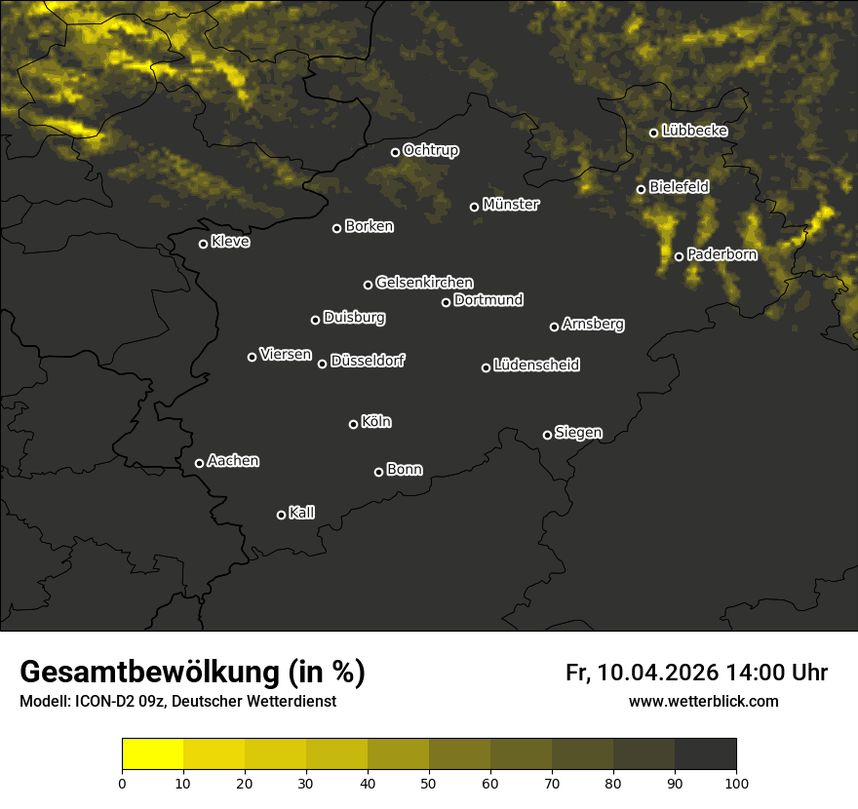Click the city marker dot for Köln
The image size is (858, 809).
tap(353, 424)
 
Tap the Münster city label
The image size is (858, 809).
tap(510, 205)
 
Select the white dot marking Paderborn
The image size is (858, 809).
tap(680, 256)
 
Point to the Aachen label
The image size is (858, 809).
tap(233, 461)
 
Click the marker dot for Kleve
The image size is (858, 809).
tap(204, 244)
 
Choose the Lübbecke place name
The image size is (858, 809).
tap(694, 131)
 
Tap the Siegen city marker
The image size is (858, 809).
tap(547, 435)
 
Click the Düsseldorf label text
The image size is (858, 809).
tap(368, 361)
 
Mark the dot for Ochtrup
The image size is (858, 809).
tap(395, 152)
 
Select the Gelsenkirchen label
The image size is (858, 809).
tap(424, 283)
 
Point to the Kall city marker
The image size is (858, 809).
tap(281, 515)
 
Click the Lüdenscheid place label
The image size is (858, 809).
tap(536, 366)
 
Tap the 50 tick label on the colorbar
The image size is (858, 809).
tap(429, 782)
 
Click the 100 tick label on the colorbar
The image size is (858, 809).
tap(736, 782)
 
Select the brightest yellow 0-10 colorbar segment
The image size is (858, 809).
tap(152, 754)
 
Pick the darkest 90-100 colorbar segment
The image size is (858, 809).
tap(705, 754)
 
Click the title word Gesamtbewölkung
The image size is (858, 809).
tap(147, 674)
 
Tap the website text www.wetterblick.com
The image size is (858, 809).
tap(704, 701)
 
